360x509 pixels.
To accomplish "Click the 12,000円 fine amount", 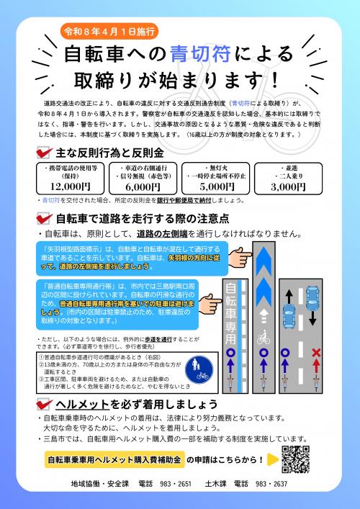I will point(71,186).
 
